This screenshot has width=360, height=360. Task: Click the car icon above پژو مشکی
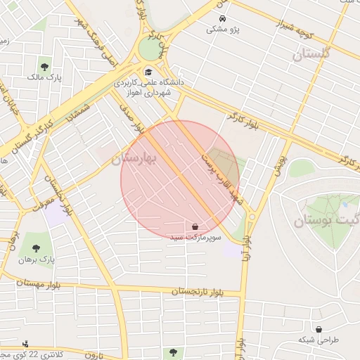click(222, 18)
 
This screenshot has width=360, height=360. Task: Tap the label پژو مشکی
click(222, 30)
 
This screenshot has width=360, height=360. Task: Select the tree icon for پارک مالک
click(45, 67)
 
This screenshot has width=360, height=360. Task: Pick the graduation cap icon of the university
click(148, 72)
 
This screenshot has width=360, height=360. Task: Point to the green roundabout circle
click(149, 49)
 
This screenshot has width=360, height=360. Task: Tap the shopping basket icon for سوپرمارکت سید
click(194, 226)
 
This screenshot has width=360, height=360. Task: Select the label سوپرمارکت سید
click(196, 238)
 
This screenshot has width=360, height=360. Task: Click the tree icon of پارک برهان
click(36, 247)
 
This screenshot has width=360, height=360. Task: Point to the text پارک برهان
click(37, 259)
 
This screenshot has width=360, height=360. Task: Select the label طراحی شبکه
click(318, 340)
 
